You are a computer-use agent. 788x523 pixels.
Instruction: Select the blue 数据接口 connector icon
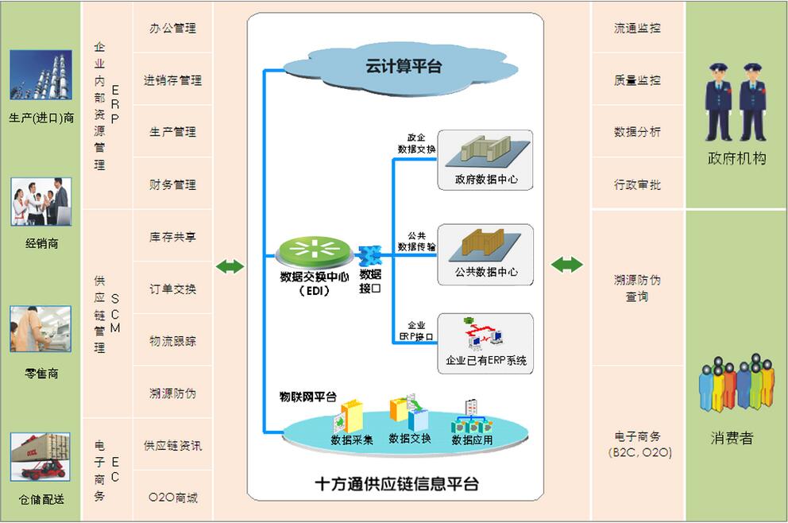pyautogui.click(x=369, y=256)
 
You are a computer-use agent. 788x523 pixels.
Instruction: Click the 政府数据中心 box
pyautogui.click(x=485, y=160)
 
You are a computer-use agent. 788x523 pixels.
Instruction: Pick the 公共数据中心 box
pyautogui.click(x=485, y=254)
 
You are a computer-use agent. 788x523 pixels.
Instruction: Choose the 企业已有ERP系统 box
pyautogui.click(x=485, y=343)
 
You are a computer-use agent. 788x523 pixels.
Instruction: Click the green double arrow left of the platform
pyautogui.click(x=230, y=266)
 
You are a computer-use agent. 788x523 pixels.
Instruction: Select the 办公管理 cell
pyautogui.click(x=172, y=28)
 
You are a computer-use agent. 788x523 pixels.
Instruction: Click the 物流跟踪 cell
pyautogui.click(x=172, y=341)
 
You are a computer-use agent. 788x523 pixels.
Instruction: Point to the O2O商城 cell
pyautogui.click(x=172, y=498)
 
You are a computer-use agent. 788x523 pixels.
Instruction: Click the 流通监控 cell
pyautogui.click(x=637, y=28)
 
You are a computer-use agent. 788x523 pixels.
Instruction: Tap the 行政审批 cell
pyautogui.click(x=637, y=184)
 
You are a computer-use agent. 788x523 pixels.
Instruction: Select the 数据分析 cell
pyautogui.click(x=637, y=132)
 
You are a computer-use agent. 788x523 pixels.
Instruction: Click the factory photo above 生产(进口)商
pyautogui.click(x=41, y=76)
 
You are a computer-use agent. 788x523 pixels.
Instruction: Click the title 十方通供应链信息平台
pyautogui.click(x=396, y=483)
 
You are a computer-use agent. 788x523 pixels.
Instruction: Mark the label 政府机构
pyautogui.click(x=736, y=158)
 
